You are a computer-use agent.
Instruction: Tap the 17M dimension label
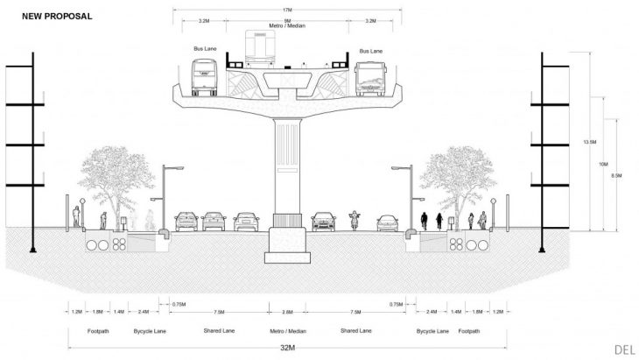click(x=287, y=10)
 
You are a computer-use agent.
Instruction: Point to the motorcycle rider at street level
click(x=355, y=219)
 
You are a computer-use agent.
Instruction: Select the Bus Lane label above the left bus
click(x=204, y=49)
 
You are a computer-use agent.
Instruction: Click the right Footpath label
click(x=470, y=331)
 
